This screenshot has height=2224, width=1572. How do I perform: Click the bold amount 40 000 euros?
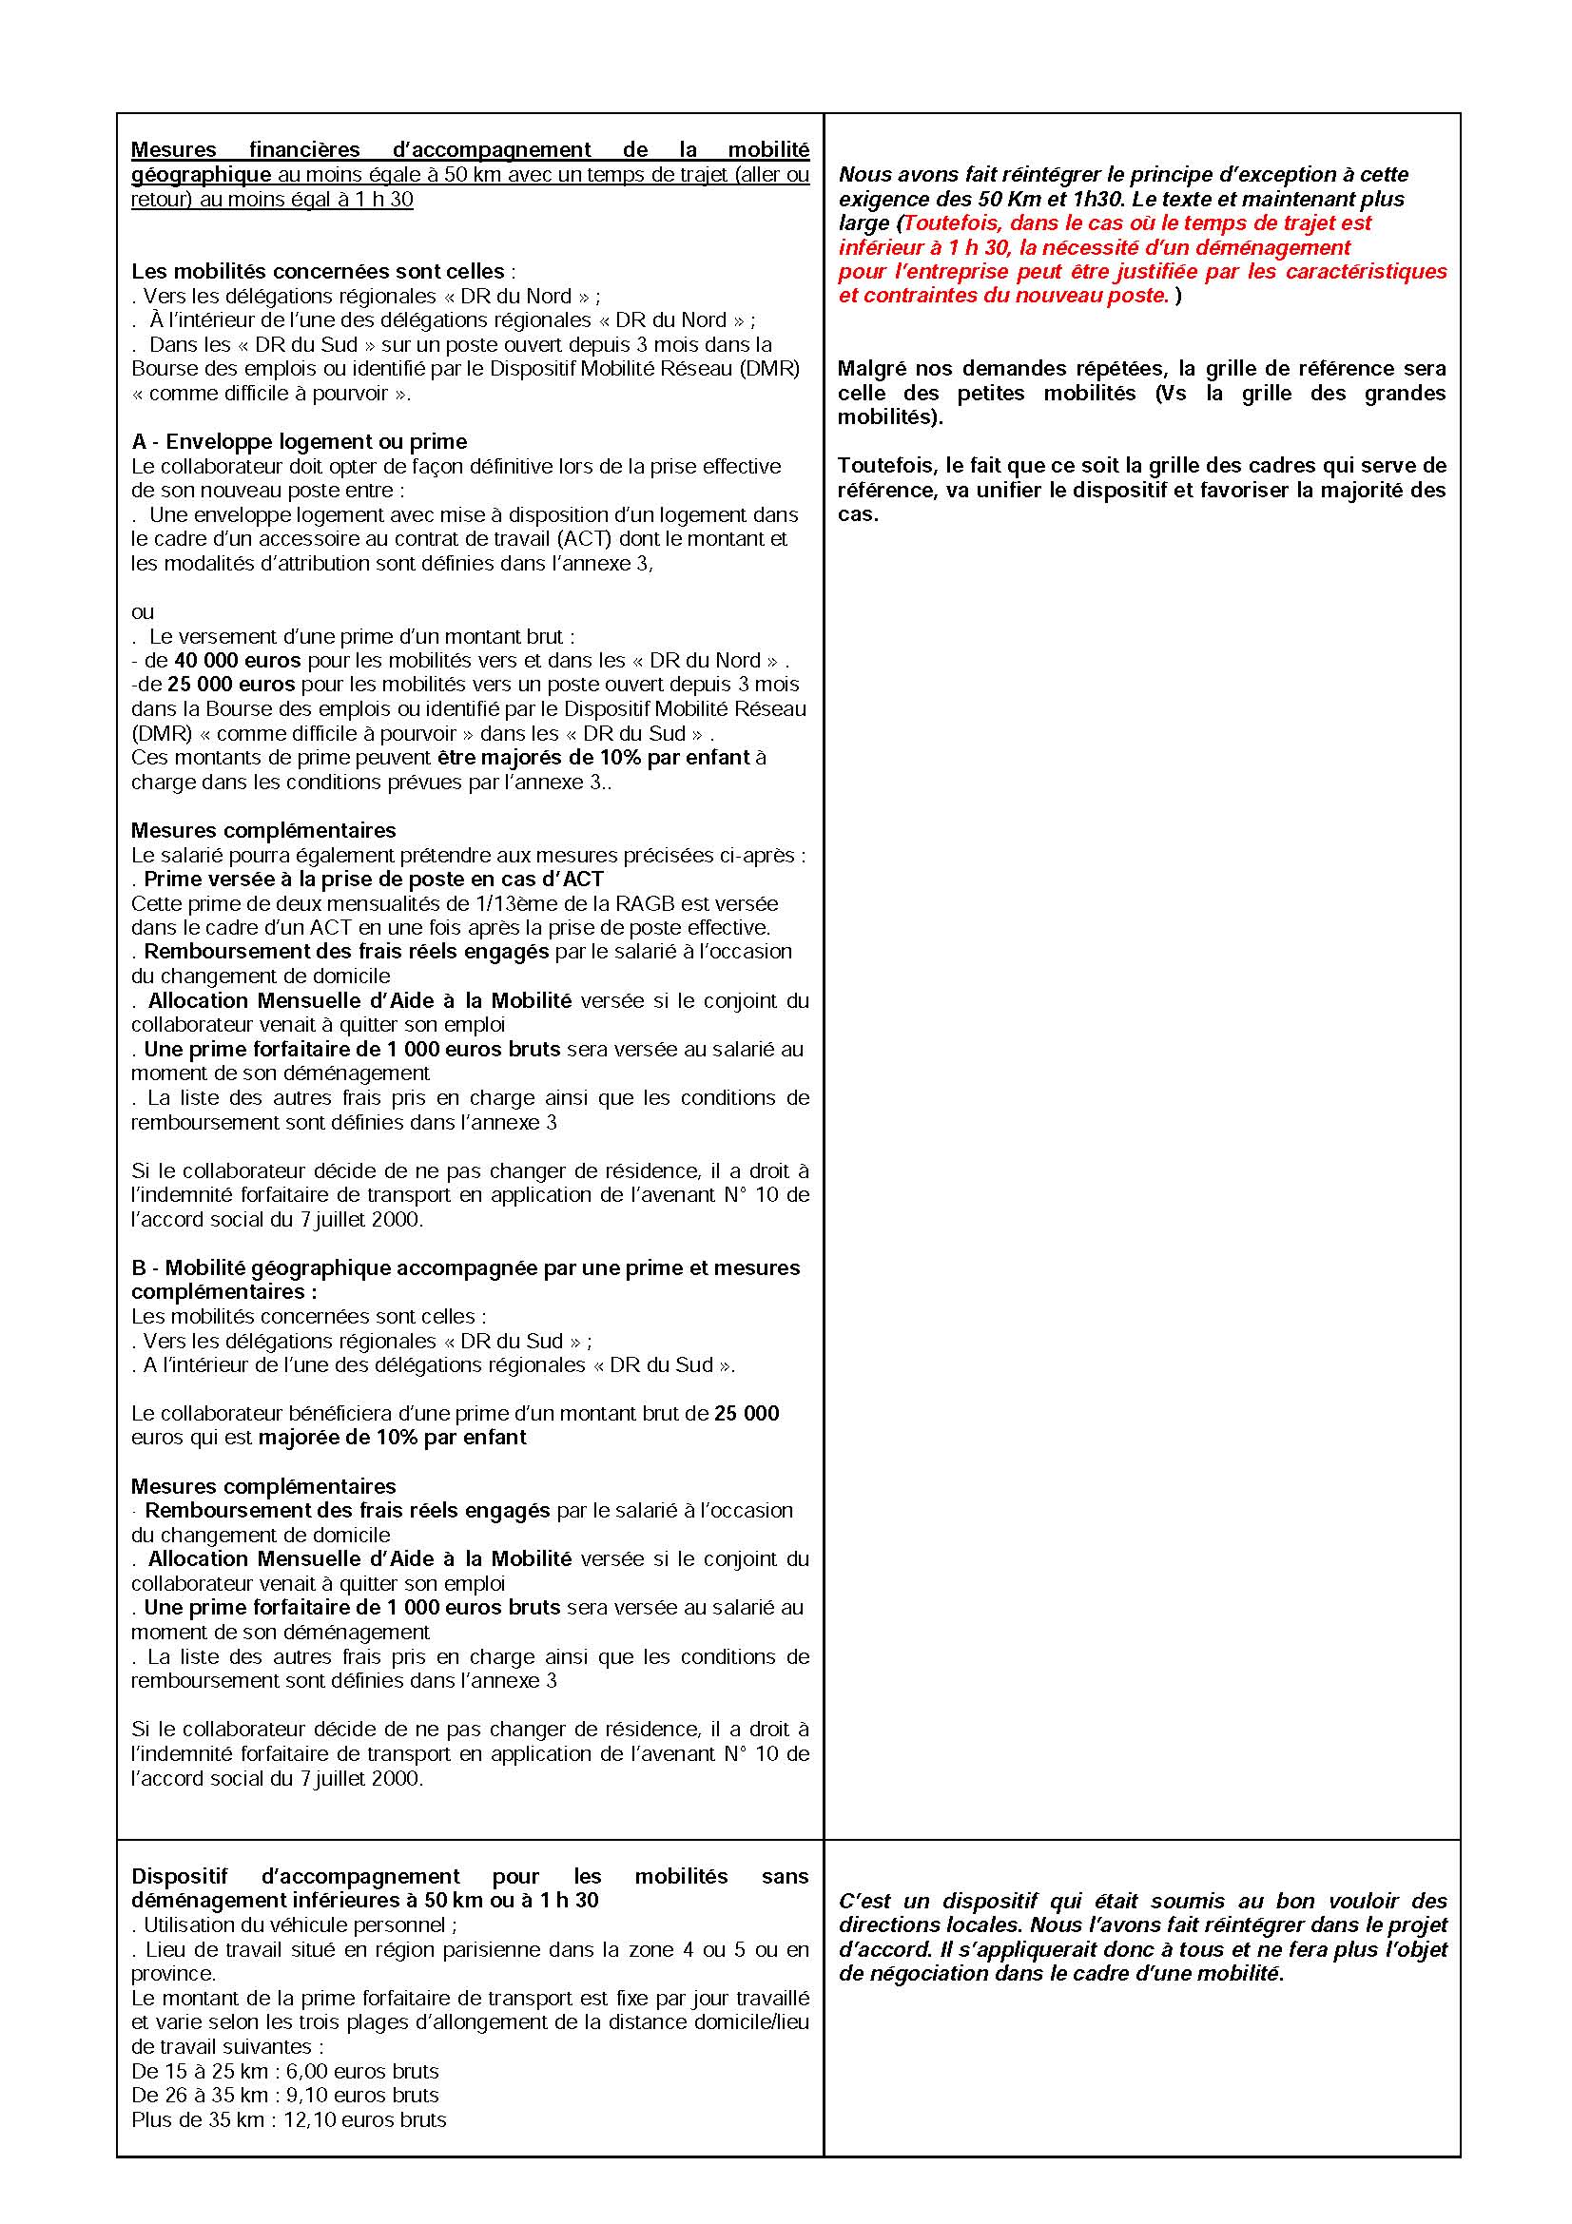[x=238, y=661]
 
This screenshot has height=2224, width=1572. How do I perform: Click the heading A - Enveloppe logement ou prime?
[x=300, y=442]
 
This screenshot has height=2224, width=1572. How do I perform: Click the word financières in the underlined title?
[x=304, y=150]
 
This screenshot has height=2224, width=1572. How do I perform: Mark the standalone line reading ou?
[x=143, y=612]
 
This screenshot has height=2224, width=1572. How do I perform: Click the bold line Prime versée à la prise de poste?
[x=373, y=880]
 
